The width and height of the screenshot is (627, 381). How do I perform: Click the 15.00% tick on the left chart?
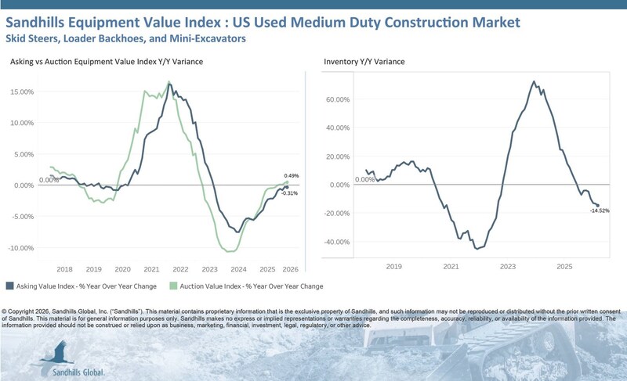pos(21,92)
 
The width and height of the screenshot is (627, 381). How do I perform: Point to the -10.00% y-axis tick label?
pos(20,248)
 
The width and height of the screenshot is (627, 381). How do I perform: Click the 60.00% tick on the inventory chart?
pos(338,100)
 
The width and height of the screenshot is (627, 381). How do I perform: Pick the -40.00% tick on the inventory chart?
pos(336,242)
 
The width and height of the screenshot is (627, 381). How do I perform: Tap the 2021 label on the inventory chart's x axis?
pos(451,267)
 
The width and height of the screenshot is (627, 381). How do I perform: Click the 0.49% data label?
pos(291,176)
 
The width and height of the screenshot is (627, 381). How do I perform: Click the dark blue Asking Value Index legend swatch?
pos(9,286)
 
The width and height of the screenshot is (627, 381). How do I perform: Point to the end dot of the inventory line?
pos(597,206)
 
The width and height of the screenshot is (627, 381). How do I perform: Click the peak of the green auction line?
pos(169,83)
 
